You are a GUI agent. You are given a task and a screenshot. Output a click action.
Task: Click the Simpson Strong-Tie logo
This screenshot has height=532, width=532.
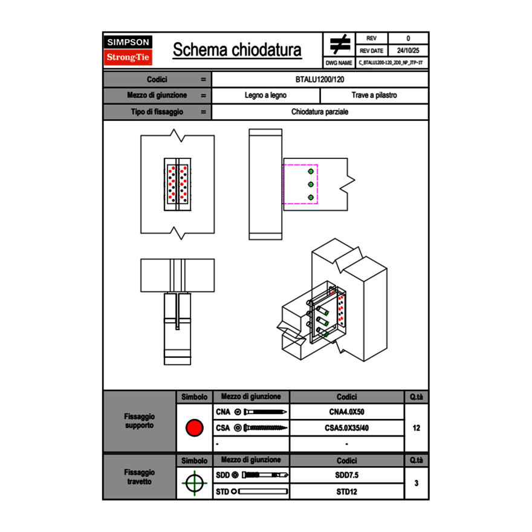(129, 50)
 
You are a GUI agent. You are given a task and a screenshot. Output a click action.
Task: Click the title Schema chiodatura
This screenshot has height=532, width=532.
(237, 50)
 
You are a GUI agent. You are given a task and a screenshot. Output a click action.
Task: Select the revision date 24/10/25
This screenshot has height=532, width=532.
(408, 51)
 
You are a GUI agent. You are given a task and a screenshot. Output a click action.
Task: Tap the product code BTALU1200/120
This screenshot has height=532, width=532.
(320, 79)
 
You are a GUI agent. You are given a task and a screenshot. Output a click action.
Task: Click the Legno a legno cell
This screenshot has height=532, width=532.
(265, 96)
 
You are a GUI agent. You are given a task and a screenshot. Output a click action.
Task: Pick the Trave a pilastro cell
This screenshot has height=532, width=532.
(374, 96)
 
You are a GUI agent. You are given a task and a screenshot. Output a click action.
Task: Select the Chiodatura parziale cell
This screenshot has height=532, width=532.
(320, 112)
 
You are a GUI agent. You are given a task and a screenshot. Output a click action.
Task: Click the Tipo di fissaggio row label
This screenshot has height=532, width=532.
(157, 112)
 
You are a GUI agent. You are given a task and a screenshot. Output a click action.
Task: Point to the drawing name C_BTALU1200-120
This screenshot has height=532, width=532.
(391, 63)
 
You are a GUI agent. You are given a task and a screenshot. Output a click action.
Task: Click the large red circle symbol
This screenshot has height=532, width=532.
(194, 428)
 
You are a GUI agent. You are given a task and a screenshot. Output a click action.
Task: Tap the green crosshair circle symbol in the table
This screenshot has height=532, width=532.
(194, 483)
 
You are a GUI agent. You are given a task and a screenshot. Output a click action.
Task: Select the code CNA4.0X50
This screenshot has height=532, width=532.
(346, 412)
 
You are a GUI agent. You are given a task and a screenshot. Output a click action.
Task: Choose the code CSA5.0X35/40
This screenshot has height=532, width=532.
(346, 428)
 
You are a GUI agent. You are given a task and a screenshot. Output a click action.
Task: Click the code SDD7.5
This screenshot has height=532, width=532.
(346, 475)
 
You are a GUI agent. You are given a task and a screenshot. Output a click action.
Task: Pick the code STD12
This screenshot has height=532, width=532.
(346, 491)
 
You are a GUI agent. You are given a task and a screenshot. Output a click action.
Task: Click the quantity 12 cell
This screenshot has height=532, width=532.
(417, 428)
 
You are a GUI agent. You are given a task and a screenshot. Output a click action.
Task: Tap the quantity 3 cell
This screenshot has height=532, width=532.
(417, 483)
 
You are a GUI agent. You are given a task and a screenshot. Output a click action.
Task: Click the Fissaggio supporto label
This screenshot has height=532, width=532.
(140, 421)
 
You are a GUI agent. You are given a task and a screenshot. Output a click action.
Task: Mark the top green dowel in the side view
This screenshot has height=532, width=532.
(311, 170)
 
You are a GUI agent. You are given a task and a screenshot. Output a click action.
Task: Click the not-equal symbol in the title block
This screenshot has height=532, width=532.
(340, 45)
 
